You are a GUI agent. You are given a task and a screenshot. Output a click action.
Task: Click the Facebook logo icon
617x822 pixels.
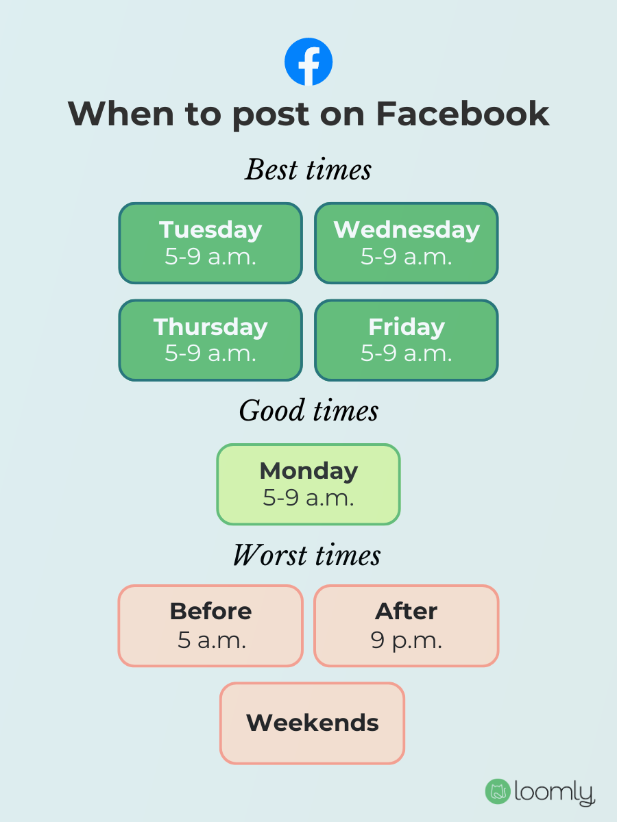click(308, 62)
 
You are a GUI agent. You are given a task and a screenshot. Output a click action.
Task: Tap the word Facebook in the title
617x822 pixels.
click(463, 114)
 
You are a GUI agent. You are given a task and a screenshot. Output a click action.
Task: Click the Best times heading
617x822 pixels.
click(308, 170)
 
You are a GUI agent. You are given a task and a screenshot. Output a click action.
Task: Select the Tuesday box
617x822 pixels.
click(210, 242)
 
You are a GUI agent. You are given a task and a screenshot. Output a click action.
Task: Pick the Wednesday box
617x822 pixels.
click(407, 242)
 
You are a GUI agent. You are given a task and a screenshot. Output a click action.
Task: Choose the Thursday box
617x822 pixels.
click(210, 340)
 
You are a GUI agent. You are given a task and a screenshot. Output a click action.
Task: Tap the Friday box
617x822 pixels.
click(407, 340)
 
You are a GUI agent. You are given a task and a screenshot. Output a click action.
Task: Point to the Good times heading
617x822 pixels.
click(308, 411)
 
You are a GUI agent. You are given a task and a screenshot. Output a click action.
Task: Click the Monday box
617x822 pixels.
click(308, 484)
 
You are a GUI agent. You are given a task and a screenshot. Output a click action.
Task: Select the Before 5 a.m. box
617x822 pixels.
click(210, 625)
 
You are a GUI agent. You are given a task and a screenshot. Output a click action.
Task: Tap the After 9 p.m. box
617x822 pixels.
click(407, 625)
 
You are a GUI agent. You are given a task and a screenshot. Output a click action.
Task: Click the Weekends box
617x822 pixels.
click(313, 723)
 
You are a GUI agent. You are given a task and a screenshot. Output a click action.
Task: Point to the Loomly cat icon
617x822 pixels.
click(497, 792)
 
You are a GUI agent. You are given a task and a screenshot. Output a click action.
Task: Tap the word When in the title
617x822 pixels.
click(121, 114)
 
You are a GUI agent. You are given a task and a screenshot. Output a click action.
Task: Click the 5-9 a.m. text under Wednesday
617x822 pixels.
click(407, 256)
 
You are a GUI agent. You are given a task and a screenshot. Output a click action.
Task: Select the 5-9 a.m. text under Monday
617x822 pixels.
click(308, 498)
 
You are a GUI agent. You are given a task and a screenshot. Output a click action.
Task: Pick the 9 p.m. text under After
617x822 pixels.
click(407, 640)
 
